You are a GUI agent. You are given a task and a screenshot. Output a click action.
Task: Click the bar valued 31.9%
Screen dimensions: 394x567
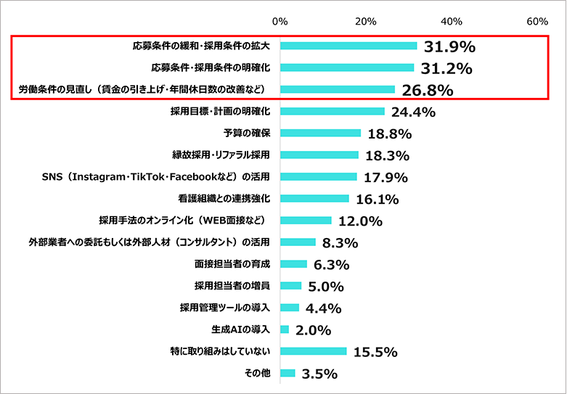coord(348,46)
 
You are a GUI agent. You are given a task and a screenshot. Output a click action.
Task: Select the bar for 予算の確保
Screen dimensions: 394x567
coord(320,134)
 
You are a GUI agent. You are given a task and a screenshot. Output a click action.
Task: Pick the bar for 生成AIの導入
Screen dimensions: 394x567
coord(285,329)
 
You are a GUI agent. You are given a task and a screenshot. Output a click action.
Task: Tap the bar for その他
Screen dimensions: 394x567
coord(287,373)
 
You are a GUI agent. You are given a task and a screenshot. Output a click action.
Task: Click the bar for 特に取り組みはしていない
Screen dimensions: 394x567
coord(314,351)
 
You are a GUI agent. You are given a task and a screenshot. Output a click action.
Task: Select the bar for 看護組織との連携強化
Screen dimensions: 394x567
coord(314,199)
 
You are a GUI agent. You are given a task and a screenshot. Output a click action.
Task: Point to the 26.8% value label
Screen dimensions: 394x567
coord(427,91)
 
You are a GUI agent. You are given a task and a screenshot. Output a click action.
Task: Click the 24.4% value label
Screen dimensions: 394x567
coord(413,112)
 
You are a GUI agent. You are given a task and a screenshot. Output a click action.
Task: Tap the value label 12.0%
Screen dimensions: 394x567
coord(359,221)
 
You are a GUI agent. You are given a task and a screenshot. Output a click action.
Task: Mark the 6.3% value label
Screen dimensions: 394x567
coord(332,265)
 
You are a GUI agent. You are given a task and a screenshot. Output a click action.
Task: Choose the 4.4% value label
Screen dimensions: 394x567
coord(324,308)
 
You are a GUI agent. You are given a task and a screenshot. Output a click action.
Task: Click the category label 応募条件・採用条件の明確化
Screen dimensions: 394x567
coord(211,68)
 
